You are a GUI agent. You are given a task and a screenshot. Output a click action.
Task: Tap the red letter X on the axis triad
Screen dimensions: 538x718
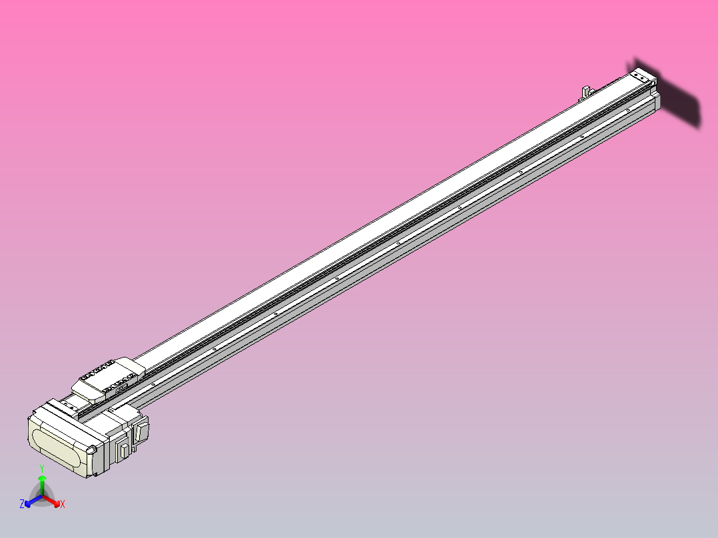coord(63,505)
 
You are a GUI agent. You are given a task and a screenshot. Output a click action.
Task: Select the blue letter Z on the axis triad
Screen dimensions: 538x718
coord(22,504)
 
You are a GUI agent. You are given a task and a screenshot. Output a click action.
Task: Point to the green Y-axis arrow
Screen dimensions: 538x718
coord(42,482)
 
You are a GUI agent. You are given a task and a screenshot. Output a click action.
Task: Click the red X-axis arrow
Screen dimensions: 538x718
coord(53,501)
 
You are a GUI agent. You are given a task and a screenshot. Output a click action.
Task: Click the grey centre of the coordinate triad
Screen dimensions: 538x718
coord(42,496)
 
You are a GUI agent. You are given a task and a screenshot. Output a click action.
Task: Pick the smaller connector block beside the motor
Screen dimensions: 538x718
coord(124,449)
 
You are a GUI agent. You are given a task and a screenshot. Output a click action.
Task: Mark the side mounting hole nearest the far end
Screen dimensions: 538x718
coord(628,110)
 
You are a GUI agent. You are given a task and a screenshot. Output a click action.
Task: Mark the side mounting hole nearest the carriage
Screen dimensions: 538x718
coord(153,384)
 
